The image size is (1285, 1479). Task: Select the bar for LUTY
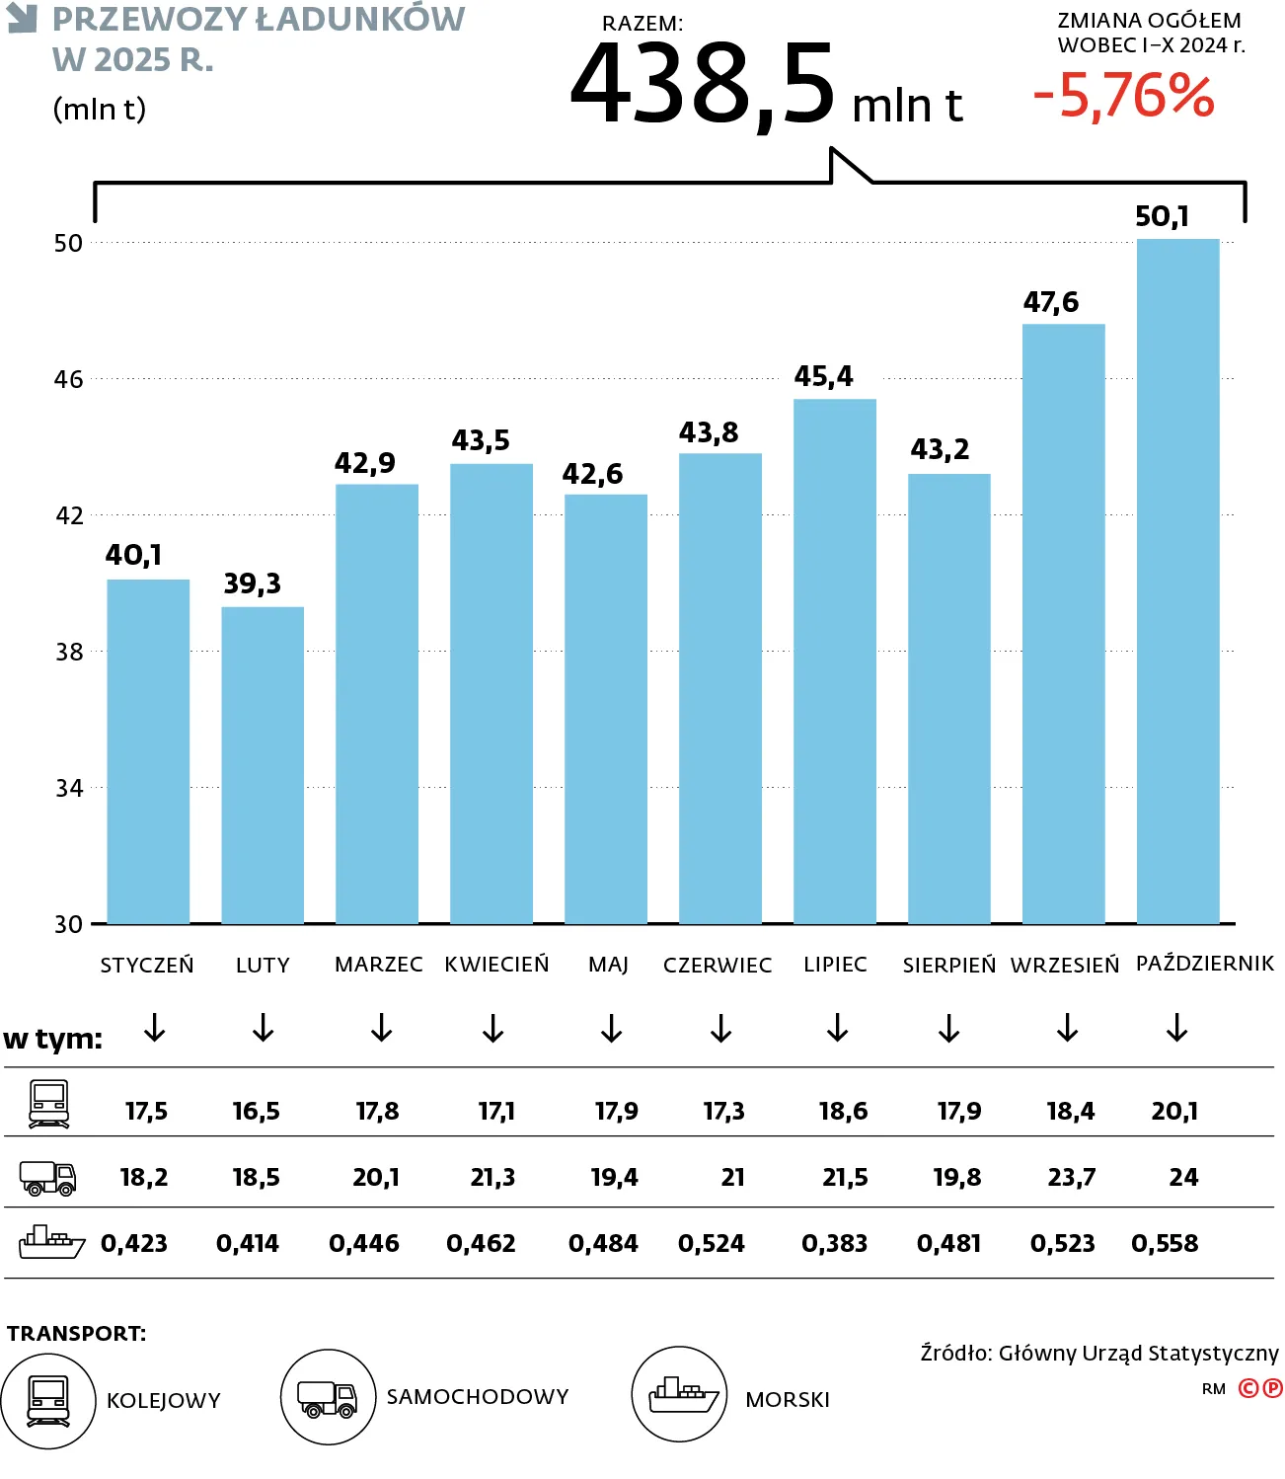click(x=263, y=765)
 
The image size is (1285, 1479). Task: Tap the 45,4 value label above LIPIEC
click(x=823, y=376)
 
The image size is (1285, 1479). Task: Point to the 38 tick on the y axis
click(x=69, y=652)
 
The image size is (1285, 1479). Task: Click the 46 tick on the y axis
click(x=69, y=379)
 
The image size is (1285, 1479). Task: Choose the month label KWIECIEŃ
click(x=496, y=964)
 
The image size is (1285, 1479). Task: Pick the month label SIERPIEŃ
click(x=948, y=965)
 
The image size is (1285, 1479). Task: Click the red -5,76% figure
click(x=1123, y=96)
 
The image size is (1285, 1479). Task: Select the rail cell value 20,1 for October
click(x=1174, y=1111)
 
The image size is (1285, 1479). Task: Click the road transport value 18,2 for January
click(x=144, y=1177)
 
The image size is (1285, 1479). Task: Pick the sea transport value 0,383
click(x=834, y=1243)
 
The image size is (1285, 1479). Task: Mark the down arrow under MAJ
click(x=612, y=1028)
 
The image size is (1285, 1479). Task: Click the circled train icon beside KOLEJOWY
click(x=48, y=1400)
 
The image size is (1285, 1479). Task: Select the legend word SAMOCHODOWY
click(x=478, y=1396)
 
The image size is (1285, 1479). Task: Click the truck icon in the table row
click(x=48, y=1177)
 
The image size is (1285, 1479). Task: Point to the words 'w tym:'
click(x=53, y=1039)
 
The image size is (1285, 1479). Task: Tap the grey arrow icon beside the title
click(x=22, y=18)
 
